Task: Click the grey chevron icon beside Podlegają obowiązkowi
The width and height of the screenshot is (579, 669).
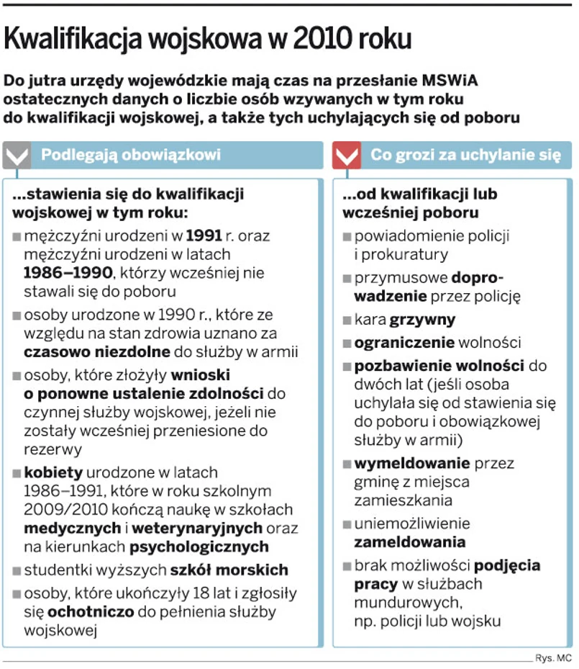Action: (17, 155)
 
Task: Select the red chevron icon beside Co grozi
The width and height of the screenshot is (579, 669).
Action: (347, 155)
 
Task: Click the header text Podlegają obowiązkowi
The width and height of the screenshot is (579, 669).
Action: (130, 155)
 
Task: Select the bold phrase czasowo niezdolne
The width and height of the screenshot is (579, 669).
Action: (97, 352)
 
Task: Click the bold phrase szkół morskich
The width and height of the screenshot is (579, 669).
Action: (229, 570)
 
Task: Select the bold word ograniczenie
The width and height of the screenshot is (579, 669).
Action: (404, 342)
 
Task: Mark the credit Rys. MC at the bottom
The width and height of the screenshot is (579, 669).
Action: (553, 657)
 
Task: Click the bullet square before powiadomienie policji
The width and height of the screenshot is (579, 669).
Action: (348, 236)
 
